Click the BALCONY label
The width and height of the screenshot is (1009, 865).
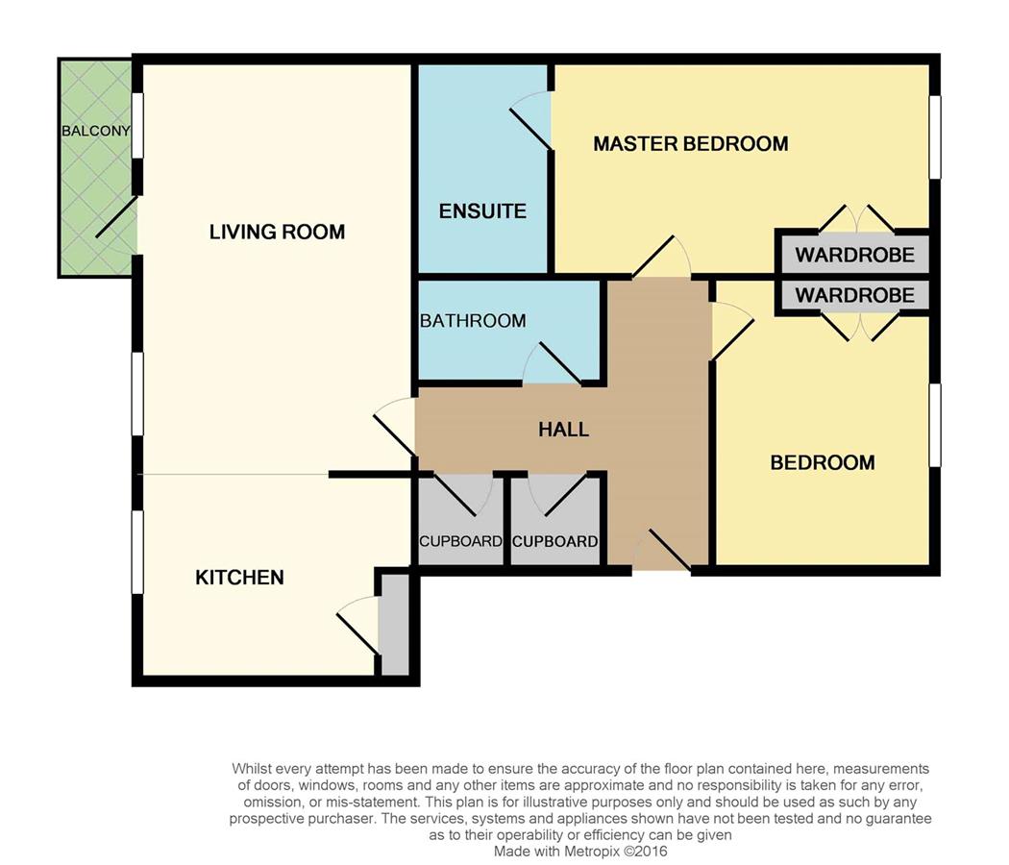tap(96, 132)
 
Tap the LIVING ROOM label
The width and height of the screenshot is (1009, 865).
tap(277, 232)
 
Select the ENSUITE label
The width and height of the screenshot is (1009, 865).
tap(482, 211)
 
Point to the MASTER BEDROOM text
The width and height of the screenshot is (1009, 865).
tap(691, 143)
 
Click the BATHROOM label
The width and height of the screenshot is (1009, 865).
tap(473, 320)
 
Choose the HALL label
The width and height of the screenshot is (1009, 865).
tap(564, 430)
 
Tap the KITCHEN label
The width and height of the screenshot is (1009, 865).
tap(239, 578)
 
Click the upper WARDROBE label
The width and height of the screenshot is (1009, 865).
tap(854, 255)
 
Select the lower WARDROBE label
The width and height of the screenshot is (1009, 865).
tap(854, 295)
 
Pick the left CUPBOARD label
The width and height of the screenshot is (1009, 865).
tap(460, 541)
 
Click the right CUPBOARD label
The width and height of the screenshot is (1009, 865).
tap(554, 541)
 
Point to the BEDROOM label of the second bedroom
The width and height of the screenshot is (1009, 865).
tap(823, 462)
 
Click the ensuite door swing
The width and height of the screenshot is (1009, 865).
tap(531, 120)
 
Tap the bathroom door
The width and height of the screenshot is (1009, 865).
tap(553, 363)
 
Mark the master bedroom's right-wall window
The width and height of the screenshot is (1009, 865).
tap(935, 137)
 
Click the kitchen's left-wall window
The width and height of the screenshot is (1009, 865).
tap(137, 553)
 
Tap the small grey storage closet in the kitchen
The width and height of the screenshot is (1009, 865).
tap(394, 625)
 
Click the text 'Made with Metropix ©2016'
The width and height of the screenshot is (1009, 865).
tap(580, 852)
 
